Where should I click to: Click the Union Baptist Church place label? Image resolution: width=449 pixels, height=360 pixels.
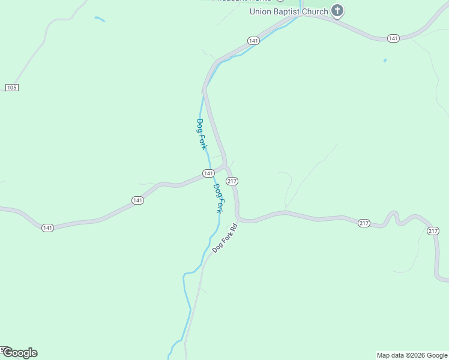point(289,11)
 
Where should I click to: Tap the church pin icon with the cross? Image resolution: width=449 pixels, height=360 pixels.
point(338,10)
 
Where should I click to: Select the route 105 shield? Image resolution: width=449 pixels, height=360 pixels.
point(11,88)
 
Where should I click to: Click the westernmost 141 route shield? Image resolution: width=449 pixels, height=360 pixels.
point(48,227)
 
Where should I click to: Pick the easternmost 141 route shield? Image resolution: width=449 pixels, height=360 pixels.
point(393,38)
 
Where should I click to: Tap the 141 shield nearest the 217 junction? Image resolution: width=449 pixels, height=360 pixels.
point(208,173)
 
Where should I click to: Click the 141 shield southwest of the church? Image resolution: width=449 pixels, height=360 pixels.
point(253,41)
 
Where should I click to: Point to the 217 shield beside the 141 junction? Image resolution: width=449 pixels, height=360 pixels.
point(232,181)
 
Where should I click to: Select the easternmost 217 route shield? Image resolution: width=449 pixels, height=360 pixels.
point(433,231)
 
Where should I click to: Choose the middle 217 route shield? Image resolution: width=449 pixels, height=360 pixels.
point(364,223)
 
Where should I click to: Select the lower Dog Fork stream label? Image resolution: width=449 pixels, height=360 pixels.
point(218,198)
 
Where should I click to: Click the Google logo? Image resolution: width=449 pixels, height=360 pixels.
point(20,353)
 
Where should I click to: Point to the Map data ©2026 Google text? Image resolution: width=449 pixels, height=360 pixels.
point(412,355)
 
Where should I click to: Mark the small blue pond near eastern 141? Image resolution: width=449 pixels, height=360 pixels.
point(385,61)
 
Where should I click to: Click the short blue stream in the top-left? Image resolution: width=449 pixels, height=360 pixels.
point(100,19)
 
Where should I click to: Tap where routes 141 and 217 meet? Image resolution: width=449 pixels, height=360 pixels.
point(225,166)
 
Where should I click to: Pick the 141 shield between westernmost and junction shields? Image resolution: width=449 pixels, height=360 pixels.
point(137,200)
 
